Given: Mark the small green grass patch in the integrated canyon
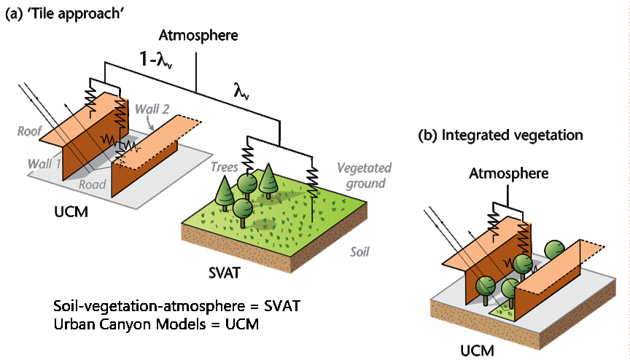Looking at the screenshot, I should pos(503,311).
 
